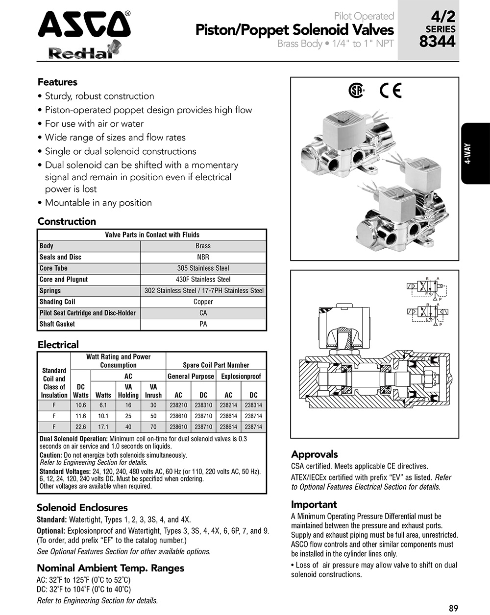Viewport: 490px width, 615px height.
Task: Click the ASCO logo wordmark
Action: tap(84, 24)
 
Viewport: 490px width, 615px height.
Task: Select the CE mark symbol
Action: tap(391, 91)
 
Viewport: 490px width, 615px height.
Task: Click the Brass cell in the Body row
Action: tap(203, 246)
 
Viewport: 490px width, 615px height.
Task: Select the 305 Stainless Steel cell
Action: tap(203, 268)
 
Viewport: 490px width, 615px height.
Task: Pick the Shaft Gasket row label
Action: tap(57, 324)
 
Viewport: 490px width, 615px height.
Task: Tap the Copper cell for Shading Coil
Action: tap(203, 302)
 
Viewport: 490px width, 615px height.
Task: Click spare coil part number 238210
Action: tap(178, 405)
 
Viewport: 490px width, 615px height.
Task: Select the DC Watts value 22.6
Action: tap(81, 427)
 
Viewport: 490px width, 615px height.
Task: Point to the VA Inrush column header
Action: tap(153, 391)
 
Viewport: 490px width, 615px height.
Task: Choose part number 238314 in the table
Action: tap(253, 405)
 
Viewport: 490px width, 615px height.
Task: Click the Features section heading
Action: tap(57, 82)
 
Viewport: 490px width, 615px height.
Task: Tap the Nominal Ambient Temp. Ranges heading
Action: tap(110, 568)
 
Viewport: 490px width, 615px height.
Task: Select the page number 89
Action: tap(453, 608)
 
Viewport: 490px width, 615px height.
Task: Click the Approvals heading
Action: tap(315, 454)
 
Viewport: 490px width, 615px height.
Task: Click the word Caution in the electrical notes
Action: tap(50, 455)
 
